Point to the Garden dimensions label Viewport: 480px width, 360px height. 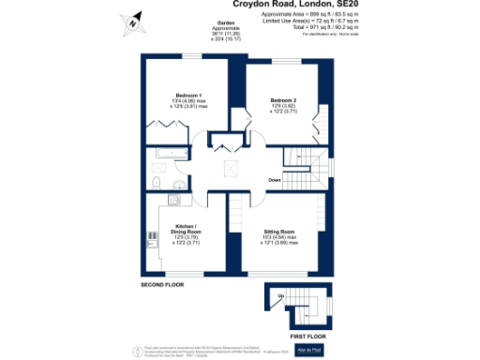click(226, 31)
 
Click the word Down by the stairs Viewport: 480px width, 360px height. click(274, 179)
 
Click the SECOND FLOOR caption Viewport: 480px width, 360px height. click(165, 284)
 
